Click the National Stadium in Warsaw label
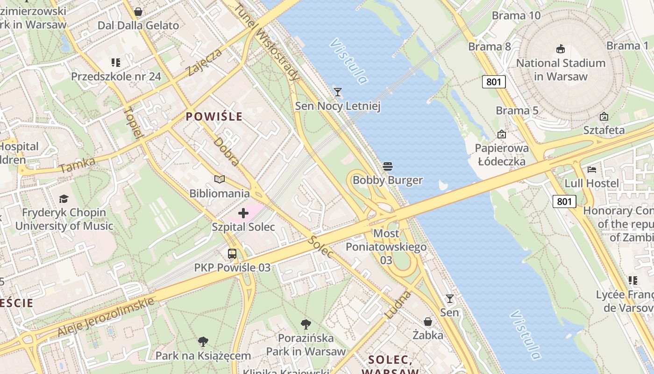pyautogui.click(x=561, y=69)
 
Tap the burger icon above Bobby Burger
pyautogui.click(x=388, y=166)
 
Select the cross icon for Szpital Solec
pyautogui.click(x=243, y=214)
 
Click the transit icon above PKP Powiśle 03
pyautogui.click(x=232, y=254)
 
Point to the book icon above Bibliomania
pyautogui.click(x=220, y=179)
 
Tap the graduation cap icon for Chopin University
pyautogui.click(x=64, y=199)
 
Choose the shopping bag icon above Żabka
pyautogui.click(x=428, y=322)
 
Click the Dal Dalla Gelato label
pyautogui.click(x=138, y=25)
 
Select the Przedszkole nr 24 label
pyautogui.click(x=116, y=76)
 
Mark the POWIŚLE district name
pyautogui.click(x=214, y=116)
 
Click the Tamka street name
pyautogui.click(x=78, y=165)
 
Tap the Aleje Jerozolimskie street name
pyautogui.click(x=106, y=316)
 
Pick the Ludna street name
pyautogui.click(x=398, y=305)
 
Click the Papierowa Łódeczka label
pyautogui.click(x=502, y=155)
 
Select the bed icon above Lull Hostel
pyautogui.click(x=592, y=169)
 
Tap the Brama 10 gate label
pyautogui.click(x=516, y=15)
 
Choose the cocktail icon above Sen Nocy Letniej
pyautogui.click(x=338, y=92)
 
